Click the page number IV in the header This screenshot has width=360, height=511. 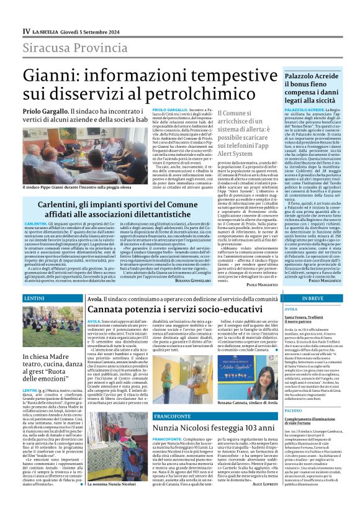[x=27, y=30]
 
